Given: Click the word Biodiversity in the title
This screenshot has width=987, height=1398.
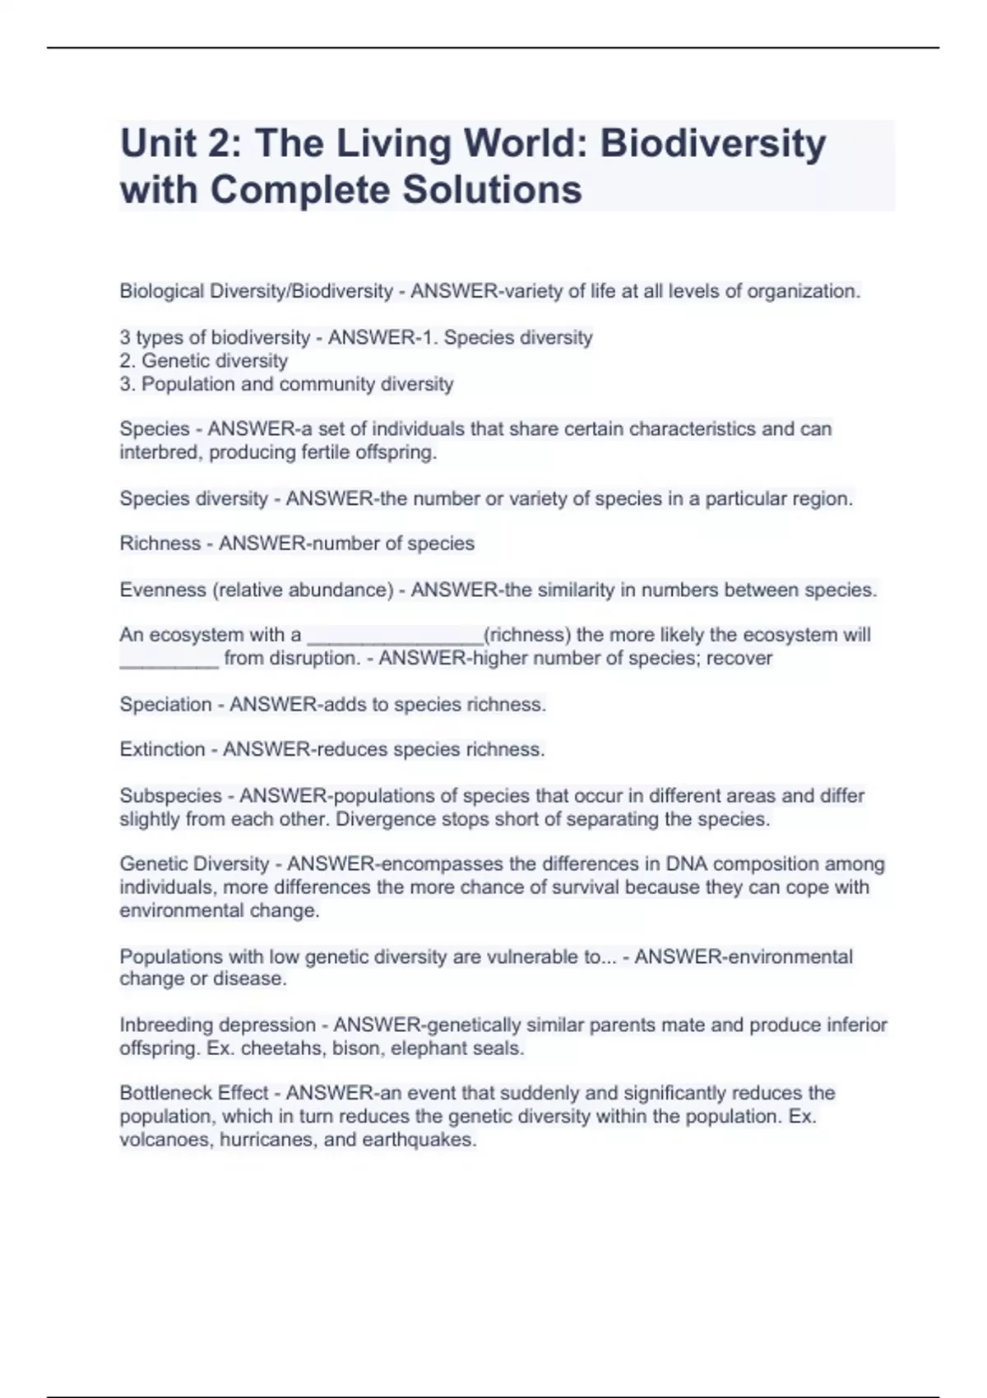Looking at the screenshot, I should [x=712, y=144].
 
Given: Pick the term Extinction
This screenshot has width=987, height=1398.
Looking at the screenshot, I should [x=162, y=750].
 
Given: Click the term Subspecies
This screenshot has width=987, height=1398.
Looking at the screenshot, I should [x=170, y=796].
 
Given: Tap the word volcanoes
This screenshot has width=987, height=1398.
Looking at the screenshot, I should [x=166, y=1140].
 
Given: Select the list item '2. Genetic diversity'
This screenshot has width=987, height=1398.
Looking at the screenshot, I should [x=203, y=361].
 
